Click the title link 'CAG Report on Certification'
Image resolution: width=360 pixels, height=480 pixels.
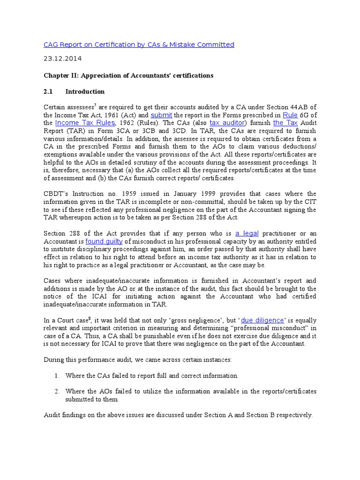click(x=138, y=45)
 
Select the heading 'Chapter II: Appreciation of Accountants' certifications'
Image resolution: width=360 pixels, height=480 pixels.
click(x=128, y=75)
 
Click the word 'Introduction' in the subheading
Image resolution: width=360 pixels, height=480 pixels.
click(x=85, y=91)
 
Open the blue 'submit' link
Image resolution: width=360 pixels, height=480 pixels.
click(x=161, y=115)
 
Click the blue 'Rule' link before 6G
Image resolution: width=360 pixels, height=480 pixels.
click(x=291, y=115)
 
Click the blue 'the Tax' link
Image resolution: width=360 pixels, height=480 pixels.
click(x=285, y=123)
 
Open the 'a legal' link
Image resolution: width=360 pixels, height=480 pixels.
click(x=247, y=233)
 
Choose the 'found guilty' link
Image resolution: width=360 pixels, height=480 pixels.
click(x=104, y=241)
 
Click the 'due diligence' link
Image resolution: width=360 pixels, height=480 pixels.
click(x=262, y=320)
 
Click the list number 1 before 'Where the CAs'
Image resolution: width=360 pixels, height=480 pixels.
click(x=57, y=375)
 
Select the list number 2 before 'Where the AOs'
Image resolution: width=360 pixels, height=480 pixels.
click(x=57, y=391)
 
